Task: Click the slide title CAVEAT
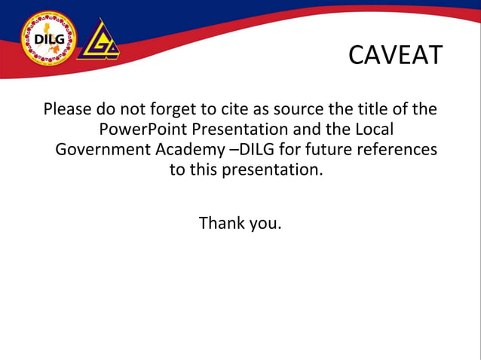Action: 394,55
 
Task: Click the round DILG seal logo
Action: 48,37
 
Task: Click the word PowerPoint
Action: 142,130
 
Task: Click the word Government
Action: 103,150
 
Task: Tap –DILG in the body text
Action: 251,149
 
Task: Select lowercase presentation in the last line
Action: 268,170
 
